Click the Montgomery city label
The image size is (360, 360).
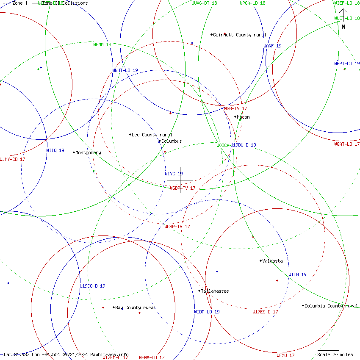coord(88,152)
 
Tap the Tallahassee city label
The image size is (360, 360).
coord(215,291)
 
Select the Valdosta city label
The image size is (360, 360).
coord(272,261)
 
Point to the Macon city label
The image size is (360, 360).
coord(243,117)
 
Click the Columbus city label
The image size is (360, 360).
coord(172,141)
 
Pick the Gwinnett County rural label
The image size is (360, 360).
coord(240,35)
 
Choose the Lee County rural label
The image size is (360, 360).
coord(152,135)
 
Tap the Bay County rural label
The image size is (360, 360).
coord(136,307)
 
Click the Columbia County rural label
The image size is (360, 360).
coord(331,306)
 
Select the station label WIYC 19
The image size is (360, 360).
coord(174,174)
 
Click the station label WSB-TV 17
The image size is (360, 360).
coord(235,108)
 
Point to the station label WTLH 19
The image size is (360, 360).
coord(297,274)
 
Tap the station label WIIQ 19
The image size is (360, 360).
coord(55,150)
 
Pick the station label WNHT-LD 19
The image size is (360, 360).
coord(125,70)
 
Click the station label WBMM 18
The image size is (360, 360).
coord(102,44)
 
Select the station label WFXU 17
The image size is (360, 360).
coord(285,355)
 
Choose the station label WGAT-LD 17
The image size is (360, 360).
coord(347,144)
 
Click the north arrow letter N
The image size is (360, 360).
coord(343,27)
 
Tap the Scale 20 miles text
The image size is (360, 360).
coord(335,354)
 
